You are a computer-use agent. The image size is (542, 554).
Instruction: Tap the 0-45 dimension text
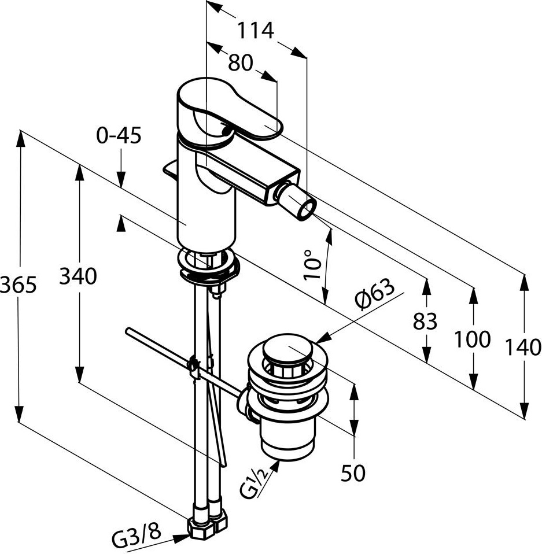tap(119, 136)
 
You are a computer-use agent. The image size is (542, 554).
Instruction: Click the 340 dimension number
tap(78, 277)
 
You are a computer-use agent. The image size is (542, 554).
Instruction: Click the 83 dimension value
tap(425, 321)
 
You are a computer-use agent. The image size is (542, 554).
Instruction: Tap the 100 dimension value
tap(472, 339)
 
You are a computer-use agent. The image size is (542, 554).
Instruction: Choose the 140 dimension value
tap(523, 348)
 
